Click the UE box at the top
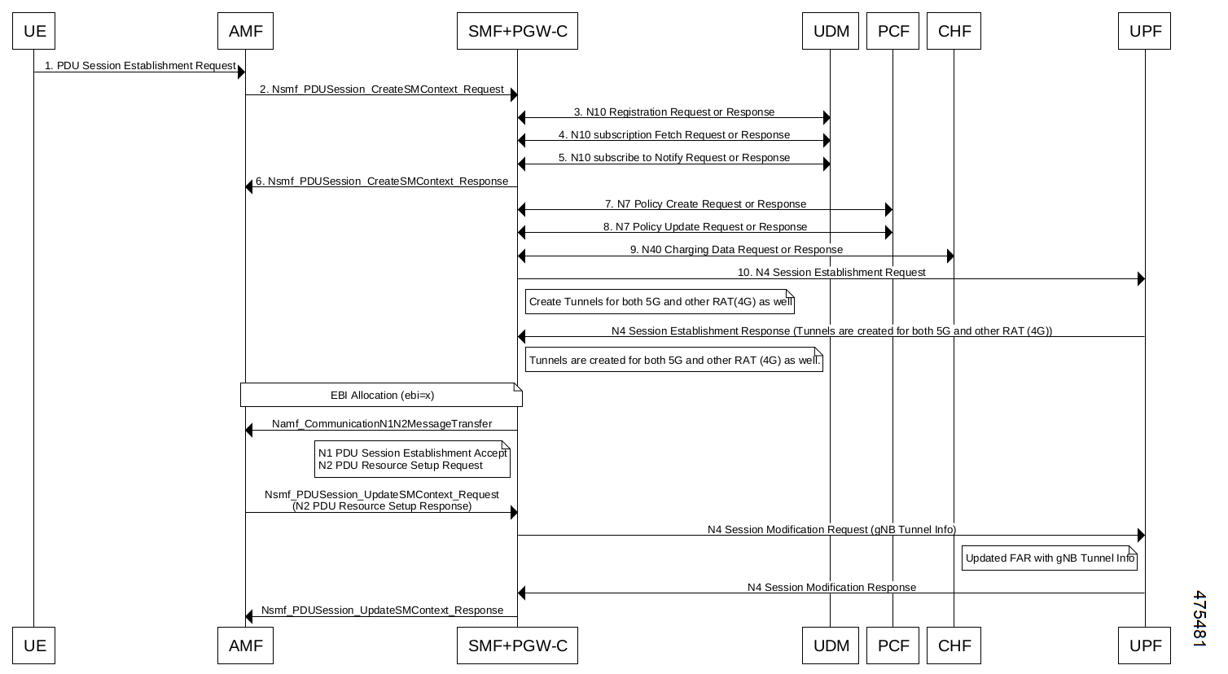pos(34,31)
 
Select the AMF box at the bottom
pos(246,646)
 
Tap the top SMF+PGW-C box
pos(518,31)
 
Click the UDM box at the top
pos(831,31)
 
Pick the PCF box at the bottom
pos(893,646)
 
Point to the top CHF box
pos(954,31)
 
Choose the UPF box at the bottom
pos(1145,646)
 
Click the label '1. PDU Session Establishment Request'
pos(140,66)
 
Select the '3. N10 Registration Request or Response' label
pos(674,112)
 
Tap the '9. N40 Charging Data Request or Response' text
pos(736,250)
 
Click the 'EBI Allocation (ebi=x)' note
pos(382,395)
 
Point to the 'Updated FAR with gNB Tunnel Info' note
pos(1050,558)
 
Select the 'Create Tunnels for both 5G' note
pos(660,302)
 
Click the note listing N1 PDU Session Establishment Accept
pos(412,459)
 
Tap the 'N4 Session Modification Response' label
pos(831,588)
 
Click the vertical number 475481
pos(1199,619)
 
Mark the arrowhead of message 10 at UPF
pos(1142,279)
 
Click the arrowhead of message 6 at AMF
pos(249,187)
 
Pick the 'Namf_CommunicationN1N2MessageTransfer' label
pos(382,424)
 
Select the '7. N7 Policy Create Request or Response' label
pos(705,204)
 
